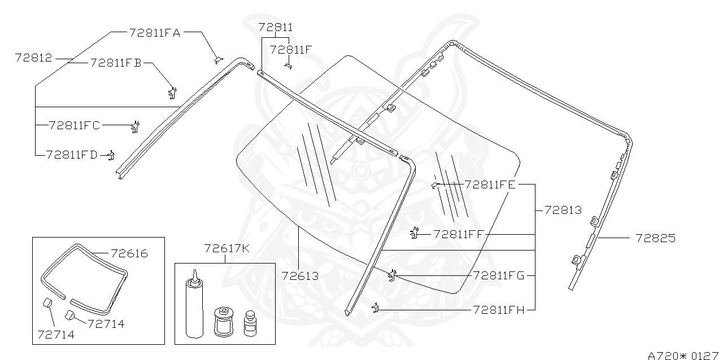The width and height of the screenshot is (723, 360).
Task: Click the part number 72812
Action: pos(33,58)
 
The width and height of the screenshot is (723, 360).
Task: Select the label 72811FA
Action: pos(154,33)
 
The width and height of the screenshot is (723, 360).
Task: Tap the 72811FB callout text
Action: pos(115,63)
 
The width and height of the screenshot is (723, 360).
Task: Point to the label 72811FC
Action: pos(74,125)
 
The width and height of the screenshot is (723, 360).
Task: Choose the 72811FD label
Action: pos(72,154)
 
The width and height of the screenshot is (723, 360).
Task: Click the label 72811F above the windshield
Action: pos(290,50)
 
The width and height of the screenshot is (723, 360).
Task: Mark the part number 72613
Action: pos(299,276)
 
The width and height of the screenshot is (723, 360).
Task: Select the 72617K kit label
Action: pos(226,248)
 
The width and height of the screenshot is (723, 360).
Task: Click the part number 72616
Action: pos(129,254)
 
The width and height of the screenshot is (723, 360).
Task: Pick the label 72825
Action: pos(655,238)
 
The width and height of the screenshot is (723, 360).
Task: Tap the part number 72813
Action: pos(563,210)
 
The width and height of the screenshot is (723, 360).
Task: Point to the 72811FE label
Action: pos(490,184)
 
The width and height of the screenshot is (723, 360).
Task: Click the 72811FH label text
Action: pos(499,309)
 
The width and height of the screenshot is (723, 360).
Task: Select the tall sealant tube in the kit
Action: pos(194,305)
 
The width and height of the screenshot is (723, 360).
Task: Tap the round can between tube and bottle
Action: pos(223,322)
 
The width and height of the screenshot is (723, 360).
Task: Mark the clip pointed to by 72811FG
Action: pos(392,275)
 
